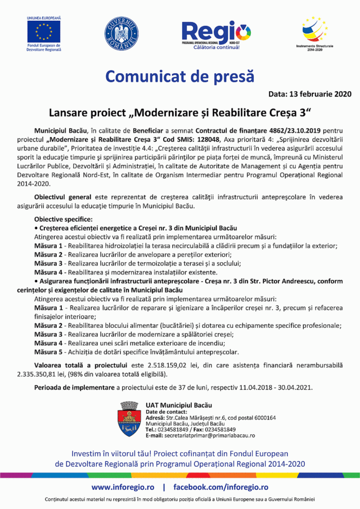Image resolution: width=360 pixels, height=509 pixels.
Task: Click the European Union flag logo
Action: coord(44,32)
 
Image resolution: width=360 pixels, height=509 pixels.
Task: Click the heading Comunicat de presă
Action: coord(180,75)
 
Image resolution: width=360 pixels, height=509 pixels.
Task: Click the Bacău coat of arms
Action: coord(129,420)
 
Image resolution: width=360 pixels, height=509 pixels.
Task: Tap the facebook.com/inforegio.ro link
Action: coord(220,487)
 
